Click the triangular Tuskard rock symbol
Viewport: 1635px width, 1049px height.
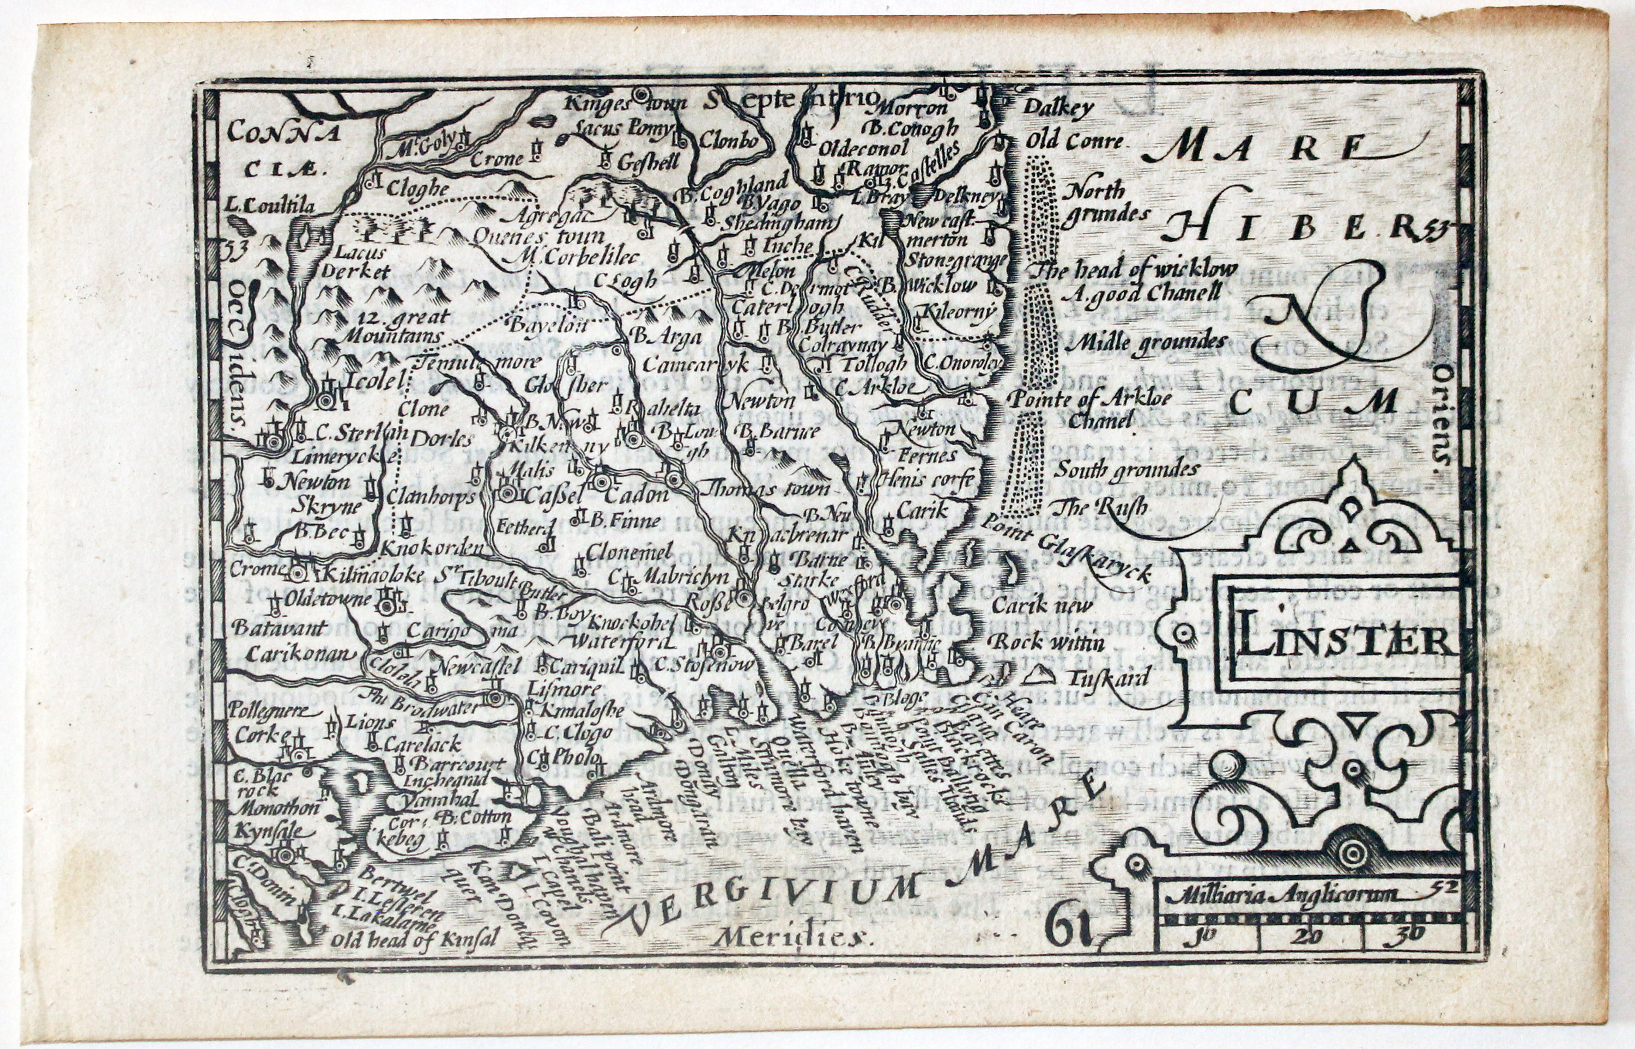coord(1040,675)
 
